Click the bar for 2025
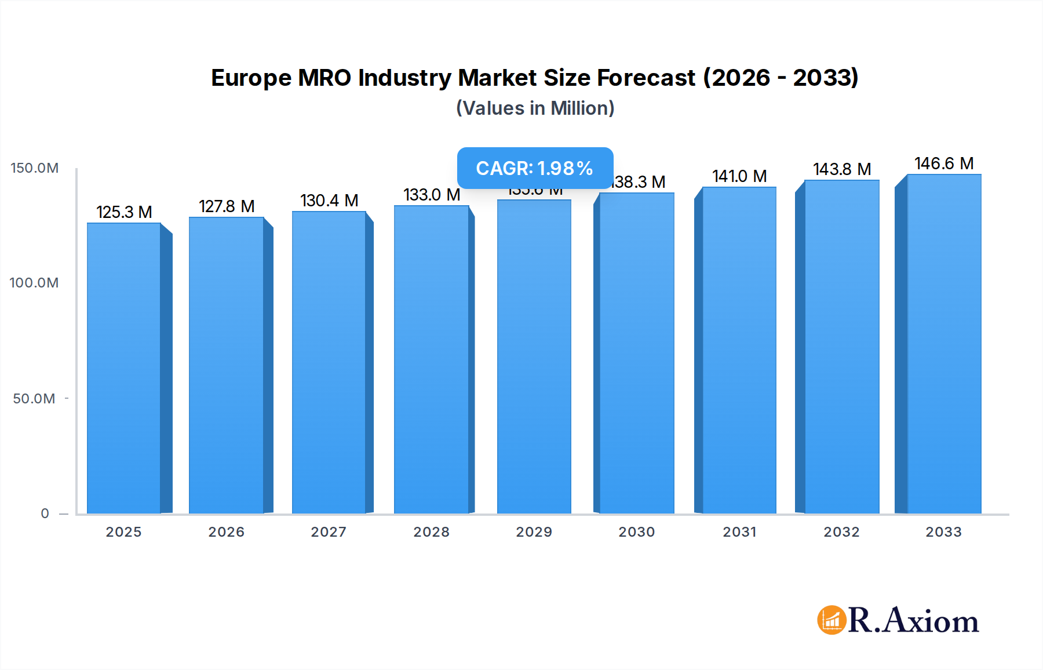(124, 368)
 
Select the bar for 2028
(431, 359)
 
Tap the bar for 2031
(739, 350)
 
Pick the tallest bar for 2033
(944, 344)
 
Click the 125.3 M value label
(124, 212)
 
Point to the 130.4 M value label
(329, 201)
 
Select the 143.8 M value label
(842, 169)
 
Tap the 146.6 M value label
(944, 163)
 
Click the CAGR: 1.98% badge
(535, 168)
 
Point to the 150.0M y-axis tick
(35, 168)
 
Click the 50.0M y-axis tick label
(34, 399)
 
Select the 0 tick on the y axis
(45, 514)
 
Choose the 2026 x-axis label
(227, 532)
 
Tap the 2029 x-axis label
(534, 532)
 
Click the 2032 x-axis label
(842, 532)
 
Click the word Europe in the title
(251, 78)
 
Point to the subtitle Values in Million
(535, 108)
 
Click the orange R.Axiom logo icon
(832, 620)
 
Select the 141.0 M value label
(739, 176)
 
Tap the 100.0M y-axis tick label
(34, 283)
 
